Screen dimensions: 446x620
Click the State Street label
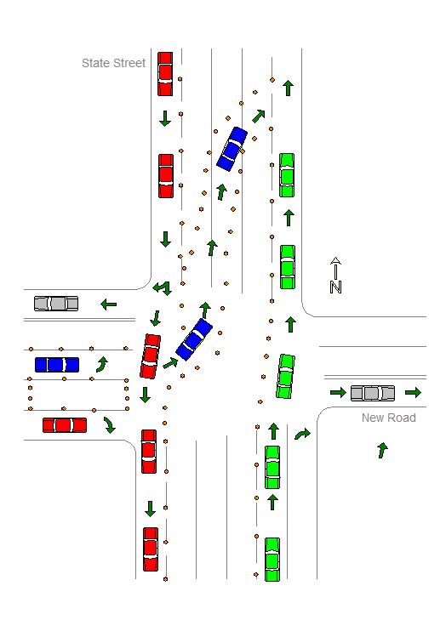tap(113, 63)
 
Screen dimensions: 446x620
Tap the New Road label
tap(389, 418)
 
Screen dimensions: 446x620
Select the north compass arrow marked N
tap(335, 276)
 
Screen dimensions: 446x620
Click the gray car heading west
tap(56, 304)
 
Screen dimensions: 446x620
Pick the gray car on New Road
tap(373, 393)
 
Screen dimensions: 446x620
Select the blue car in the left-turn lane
tap(57, 365)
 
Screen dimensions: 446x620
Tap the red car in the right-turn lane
tap(65, 425)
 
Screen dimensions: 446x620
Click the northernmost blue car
tap(232, 149)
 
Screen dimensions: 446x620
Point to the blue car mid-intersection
tap(194, 339)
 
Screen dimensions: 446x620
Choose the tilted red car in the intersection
tap(151, 356)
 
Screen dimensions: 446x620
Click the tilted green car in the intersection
tap(285, 376)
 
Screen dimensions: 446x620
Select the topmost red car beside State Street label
tap(165, 74)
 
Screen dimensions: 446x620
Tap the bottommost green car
tap(272, 560)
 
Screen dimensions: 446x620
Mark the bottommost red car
tap(151, 549)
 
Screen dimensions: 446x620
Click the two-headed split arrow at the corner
tap(163, 287)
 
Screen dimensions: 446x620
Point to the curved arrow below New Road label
tap(383, 450)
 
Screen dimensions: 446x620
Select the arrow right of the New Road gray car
tap(413, 392)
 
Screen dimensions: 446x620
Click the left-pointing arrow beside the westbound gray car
tap(108, 304)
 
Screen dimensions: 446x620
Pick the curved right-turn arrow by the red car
tap(109, 424)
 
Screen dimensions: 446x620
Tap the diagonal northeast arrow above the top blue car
tap(259, 116)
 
